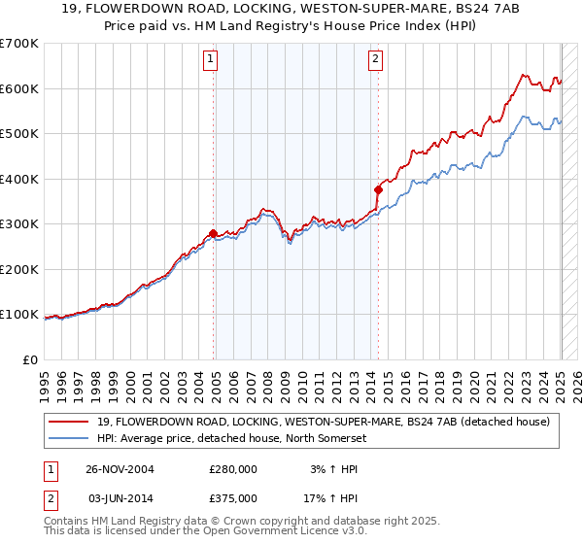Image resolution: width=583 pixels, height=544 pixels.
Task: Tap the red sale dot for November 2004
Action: click(214, 233)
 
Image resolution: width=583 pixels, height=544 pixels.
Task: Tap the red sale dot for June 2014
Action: click(378, 190)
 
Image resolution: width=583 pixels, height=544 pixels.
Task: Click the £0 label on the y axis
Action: click(29, 359)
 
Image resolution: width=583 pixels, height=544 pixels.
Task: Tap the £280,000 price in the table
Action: click(233, 469)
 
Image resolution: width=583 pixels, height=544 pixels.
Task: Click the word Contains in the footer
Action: click(69, 522)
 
